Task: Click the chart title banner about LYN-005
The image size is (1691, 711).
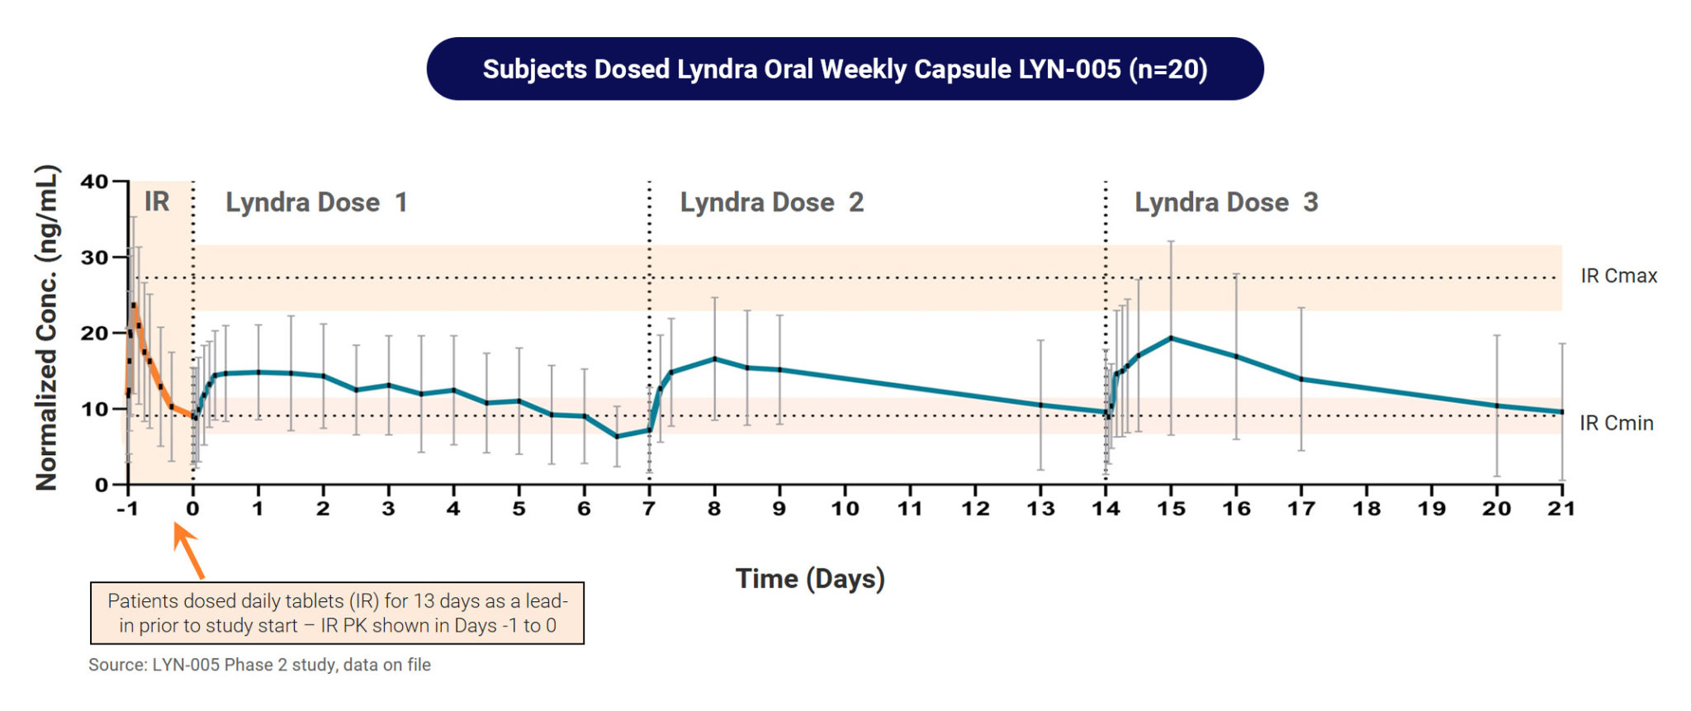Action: tap(845, 69)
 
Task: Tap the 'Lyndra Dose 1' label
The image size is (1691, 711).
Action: tap(316, 202)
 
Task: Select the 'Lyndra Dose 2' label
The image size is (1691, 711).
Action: tap(771, 202)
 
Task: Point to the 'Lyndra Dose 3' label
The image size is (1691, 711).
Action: tap(1226, 202)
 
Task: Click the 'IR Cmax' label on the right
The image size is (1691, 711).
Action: tap(1618, 276)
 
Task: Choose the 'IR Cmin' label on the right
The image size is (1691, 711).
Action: tap(1616, 423)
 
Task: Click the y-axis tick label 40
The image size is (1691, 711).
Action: tap(94, 182)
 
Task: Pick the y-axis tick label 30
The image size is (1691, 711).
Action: tap(94, 258)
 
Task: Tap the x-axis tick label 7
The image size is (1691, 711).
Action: tap(649, 509)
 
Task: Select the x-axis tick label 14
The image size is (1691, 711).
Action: tap(1106, 509)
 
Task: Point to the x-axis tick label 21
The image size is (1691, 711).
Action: tap(1561, 509)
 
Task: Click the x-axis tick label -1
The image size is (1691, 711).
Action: tap(127, 509)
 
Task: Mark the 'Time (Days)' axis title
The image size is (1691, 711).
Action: tap(810, 578)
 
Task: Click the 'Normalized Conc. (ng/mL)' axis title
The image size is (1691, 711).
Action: tap(47, 329)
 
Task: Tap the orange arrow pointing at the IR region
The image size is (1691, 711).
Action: tap(188, 551)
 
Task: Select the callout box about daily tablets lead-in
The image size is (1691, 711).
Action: tap(337, 613)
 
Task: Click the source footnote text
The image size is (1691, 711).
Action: tap(259, 665)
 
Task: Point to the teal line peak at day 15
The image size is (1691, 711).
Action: tap(1171, 338)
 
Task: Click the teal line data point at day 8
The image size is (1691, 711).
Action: tap(714, 358)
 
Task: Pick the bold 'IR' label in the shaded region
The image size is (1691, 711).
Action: tap(157, 201)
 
